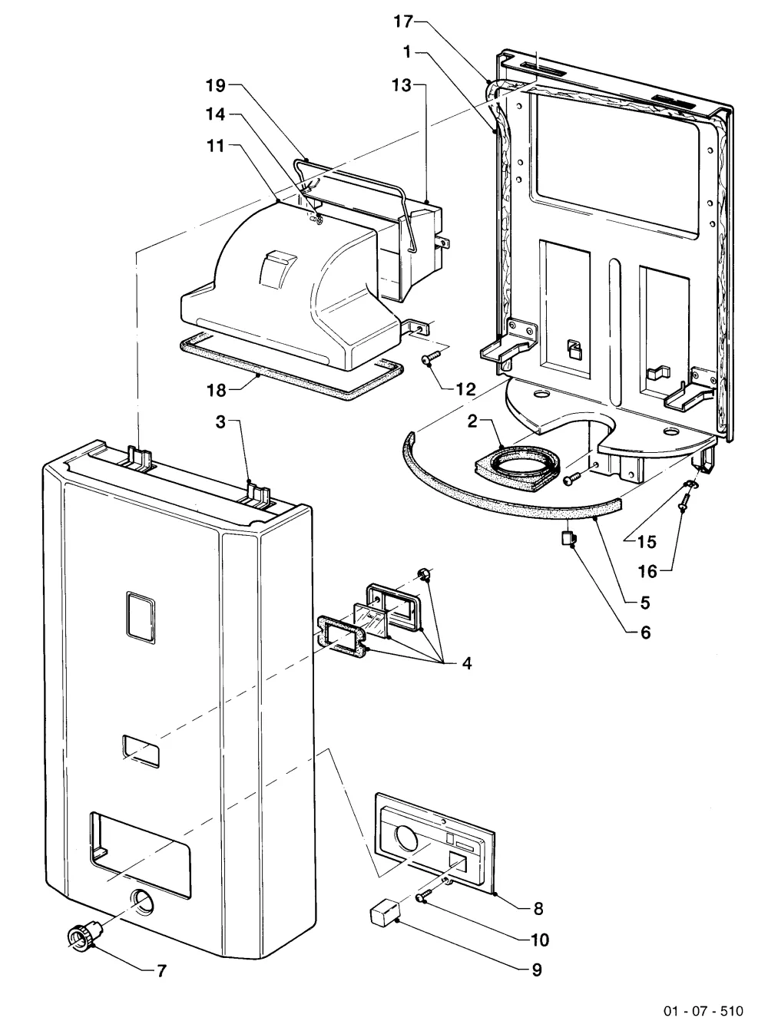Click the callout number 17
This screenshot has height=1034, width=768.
pyautogui.click(x=403, y=22)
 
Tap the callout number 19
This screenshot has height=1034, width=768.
pyautogui.click(x=216, y=86)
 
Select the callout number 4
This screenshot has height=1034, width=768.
pyautogui.click(x=467, y=663)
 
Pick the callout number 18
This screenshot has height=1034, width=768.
pyautogui.click(x=216, y=390)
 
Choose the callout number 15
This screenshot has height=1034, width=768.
pyautogui.click(x=647, y=542)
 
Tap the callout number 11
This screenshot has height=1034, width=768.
pyautogui.click(x=215, y=146)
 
